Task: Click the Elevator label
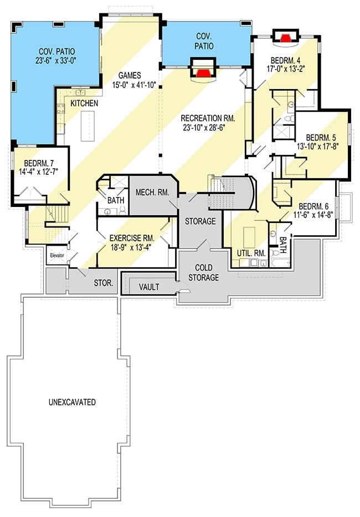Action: click(x=57, y=256)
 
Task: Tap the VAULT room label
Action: click(x=149, y=287)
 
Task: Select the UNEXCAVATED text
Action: click(x=72, y=402)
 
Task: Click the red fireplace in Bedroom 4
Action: click(x=285, y=37)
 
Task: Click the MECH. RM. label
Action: click(x=152, y=192)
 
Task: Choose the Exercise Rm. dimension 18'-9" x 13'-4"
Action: click(x=132, y=247)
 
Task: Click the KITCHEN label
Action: click(x=85, y=103)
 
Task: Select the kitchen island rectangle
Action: click(x=88, y=126)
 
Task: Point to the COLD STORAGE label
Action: click(x=204, y=272)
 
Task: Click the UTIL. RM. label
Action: click(x=251, y=253)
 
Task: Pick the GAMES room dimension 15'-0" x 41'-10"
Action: click(x=134, y=85)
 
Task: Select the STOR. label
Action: click(x=104, y=283)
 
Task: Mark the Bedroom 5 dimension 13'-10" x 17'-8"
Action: click(x=318, y=147)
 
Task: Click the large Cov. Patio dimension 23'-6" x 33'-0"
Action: click(x=56, y=60)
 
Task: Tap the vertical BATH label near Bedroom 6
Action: click(x=283, y=245)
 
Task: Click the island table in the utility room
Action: click(x=249, y=235)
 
